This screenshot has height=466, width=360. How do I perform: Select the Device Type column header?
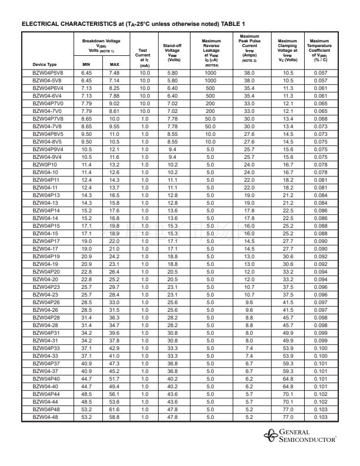pyautogui.click(x=44, y=64)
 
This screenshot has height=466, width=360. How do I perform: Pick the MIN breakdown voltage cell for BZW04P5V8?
pyautogui.click(x=86, y=72)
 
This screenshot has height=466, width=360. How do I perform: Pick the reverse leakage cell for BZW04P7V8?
pyautogui.click(x=211, y=118)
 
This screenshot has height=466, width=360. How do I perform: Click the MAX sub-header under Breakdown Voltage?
pyautogui.click(x=115, y=64)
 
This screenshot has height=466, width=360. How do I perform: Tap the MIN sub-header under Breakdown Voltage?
pyautogui.click(x=86, y=64)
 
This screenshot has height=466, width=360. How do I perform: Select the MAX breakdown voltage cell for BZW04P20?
pyautogui.click(x=115, y=271)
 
